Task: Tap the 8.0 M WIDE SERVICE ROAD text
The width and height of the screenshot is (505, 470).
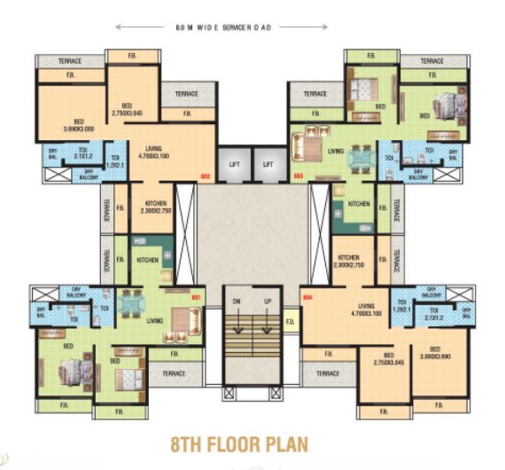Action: [x=222, y=27]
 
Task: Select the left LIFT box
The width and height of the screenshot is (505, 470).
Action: [x=234, y=165]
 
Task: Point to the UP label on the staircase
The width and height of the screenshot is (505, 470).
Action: [x=267, y=302]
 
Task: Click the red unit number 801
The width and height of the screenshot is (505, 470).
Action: [x=198, y=295]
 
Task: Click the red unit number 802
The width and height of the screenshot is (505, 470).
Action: [x=205, y=176]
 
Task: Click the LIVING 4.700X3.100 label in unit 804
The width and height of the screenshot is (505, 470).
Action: [x=366, y=309]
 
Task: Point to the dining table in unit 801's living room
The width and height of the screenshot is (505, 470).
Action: [x=130, y=303]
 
